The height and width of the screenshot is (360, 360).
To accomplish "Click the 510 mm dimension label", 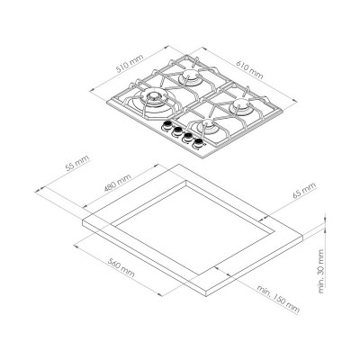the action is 130,63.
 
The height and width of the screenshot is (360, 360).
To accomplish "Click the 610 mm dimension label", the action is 249,70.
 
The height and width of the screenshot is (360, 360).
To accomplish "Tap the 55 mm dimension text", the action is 77,163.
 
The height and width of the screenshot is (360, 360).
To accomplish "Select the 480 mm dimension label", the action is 118,183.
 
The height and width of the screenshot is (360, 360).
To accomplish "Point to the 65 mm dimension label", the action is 304,190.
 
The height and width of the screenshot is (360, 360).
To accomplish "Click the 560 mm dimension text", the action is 121,268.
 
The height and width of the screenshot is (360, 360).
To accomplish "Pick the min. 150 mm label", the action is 278,299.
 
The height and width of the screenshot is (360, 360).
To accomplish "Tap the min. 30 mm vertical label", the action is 320,271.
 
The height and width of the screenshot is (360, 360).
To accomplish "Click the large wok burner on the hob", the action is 154,98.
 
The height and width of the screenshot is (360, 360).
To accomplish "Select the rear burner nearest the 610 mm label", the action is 190,75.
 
